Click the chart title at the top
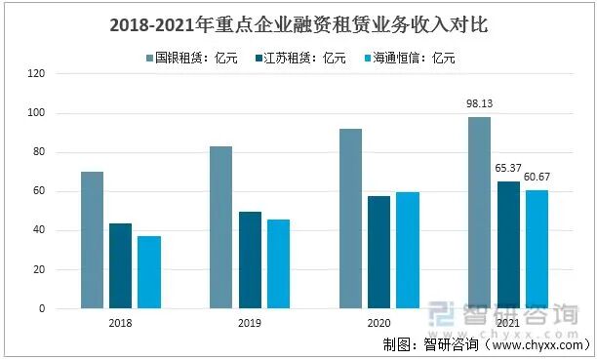coord(298,21)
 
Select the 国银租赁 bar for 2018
coord(92,240)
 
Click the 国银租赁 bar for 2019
coord(220,227)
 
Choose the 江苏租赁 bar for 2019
coord(250,260)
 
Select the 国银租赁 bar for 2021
coord(479,213)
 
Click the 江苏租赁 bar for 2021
coord(508,245)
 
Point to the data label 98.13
coord(478,103)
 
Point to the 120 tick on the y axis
coord(38,74)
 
